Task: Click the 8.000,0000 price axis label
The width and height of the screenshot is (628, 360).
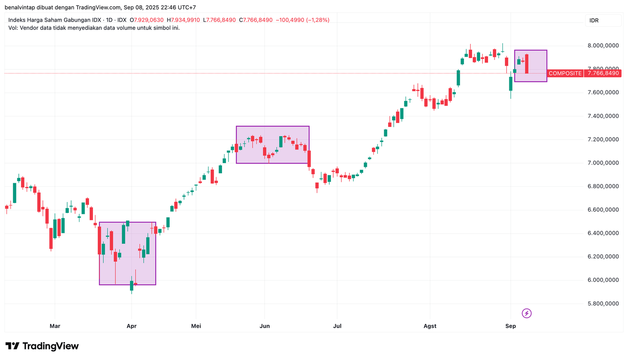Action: tap(603, 46)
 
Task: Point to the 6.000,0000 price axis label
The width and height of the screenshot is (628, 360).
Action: tap(603, 280)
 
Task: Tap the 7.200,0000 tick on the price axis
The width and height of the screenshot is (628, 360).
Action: tap(603, 140)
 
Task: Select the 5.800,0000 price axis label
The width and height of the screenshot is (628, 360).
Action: tap(603, 304)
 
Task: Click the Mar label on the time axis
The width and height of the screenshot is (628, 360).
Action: tap(55, 326)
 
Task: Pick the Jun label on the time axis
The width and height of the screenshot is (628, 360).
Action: tap(264, 326)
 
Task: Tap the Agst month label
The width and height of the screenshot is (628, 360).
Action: tap(430, 326)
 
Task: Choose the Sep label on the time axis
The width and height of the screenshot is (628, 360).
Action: tap(511, 326)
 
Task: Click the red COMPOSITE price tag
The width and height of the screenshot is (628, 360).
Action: tap(565, 73)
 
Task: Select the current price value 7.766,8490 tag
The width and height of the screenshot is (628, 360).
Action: tap(603, 73)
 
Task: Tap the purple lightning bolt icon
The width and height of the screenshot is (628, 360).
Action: tap(527, 313)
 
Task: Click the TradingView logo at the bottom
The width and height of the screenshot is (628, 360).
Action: tap(42, 346)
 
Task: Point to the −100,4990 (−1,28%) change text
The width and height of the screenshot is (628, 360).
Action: tap(302, 20)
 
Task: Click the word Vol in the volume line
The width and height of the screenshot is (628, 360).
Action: tap(13, 27)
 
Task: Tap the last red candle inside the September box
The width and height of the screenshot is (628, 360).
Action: tap(527, 64)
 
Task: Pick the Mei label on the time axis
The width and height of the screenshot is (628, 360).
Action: tap(196, 326)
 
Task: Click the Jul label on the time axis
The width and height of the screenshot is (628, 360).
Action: tap(337, 326)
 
